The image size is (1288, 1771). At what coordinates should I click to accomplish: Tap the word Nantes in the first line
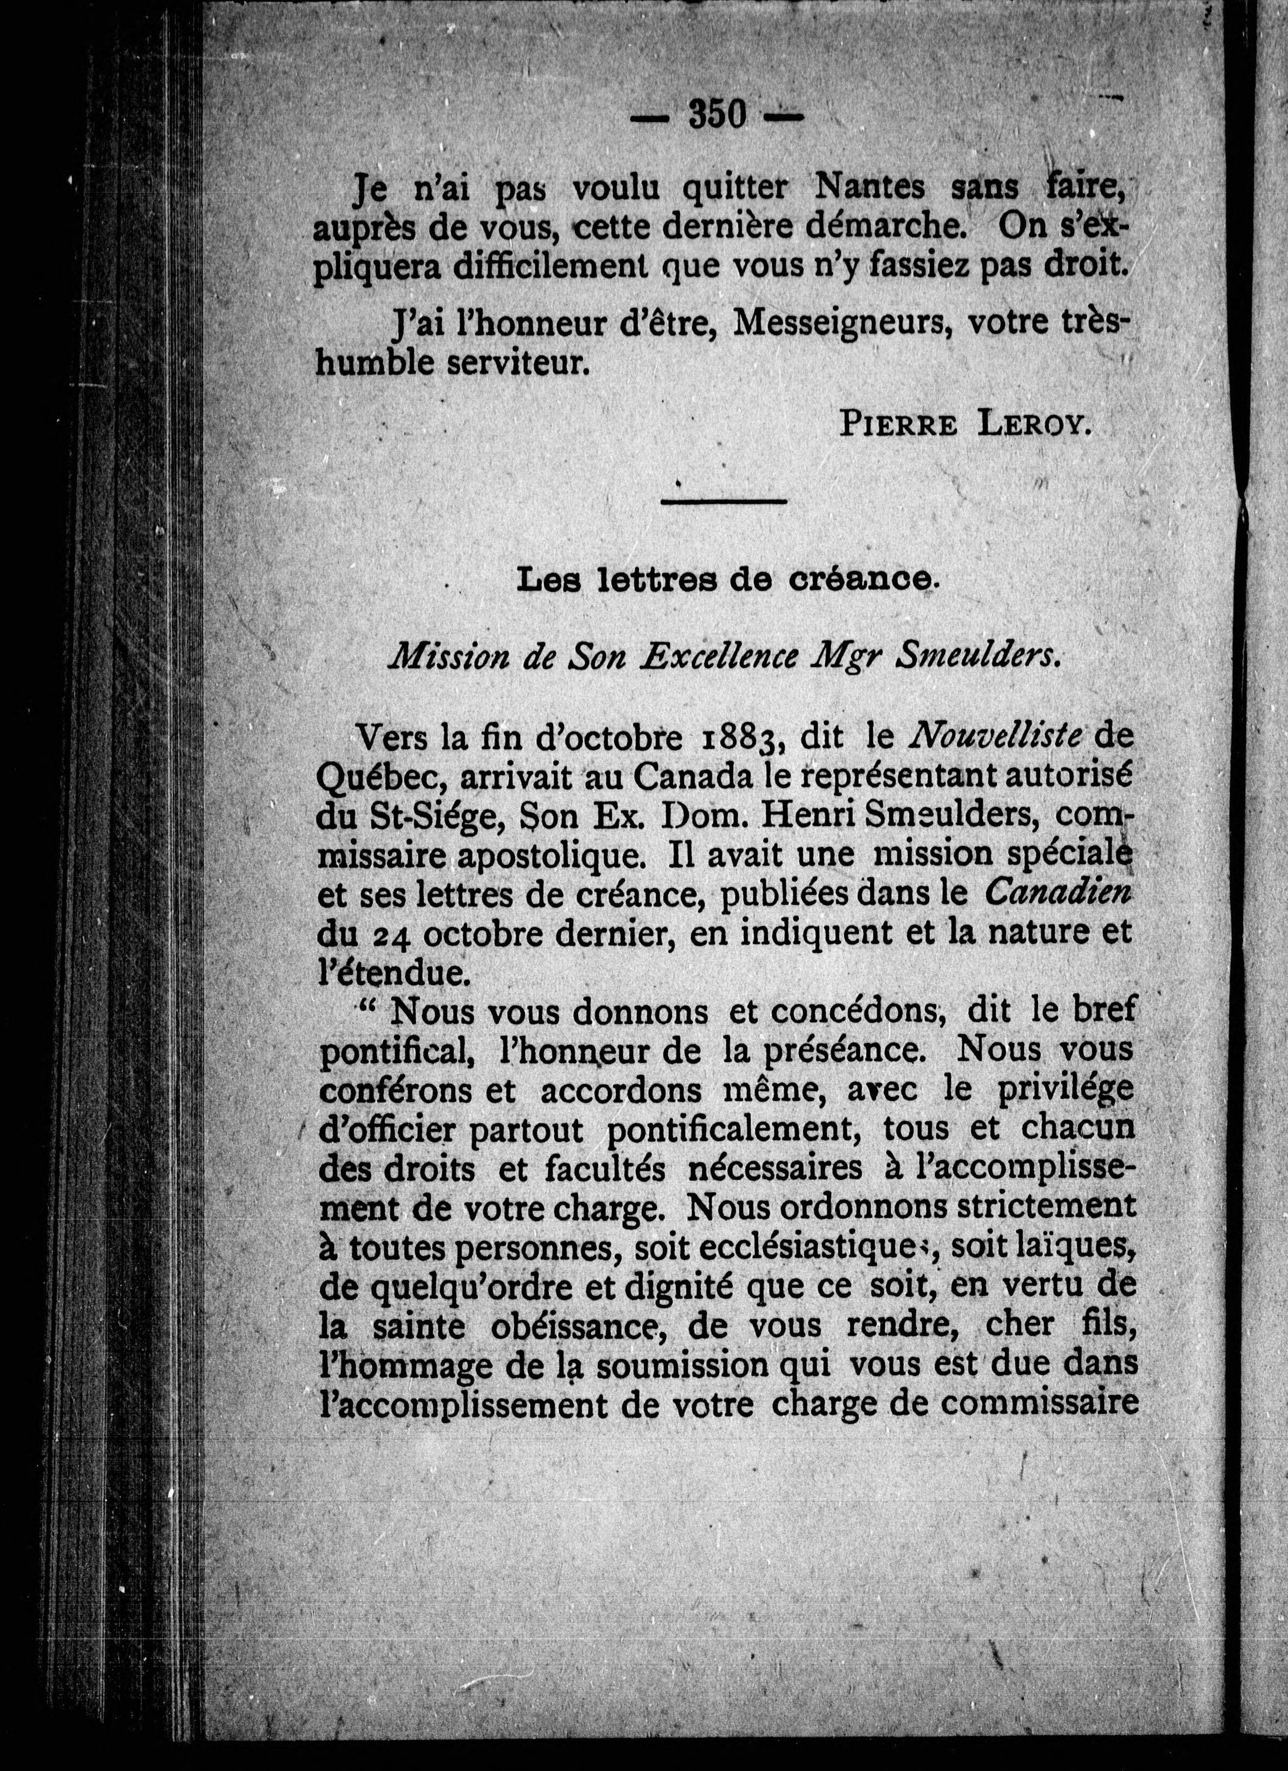click(x=870, y=187)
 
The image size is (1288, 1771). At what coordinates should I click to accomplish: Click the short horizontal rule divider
click(x=724, y=501)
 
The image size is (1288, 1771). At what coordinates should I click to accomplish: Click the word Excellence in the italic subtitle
click(x=720, y=658)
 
